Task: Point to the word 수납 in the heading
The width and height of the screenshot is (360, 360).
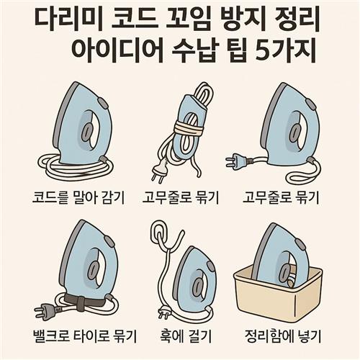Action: pyautogui.click(x=194, y=50)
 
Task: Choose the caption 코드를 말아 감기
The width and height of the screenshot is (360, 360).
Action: pyautogui.click(x=78, y=197)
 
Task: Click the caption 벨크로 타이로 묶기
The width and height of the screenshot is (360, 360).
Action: pyautogui.click(x=85, y=336)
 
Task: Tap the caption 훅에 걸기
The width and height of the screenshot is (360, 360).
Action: pyautogui.click(x=186, y=336)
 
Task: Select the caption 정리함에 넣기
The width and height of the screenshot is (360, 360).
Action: pyautogui.click(x=283, y=336)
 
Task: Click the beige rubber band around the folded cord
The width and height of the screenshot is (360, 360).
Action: pyautogui.click(x=189, y=128)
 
